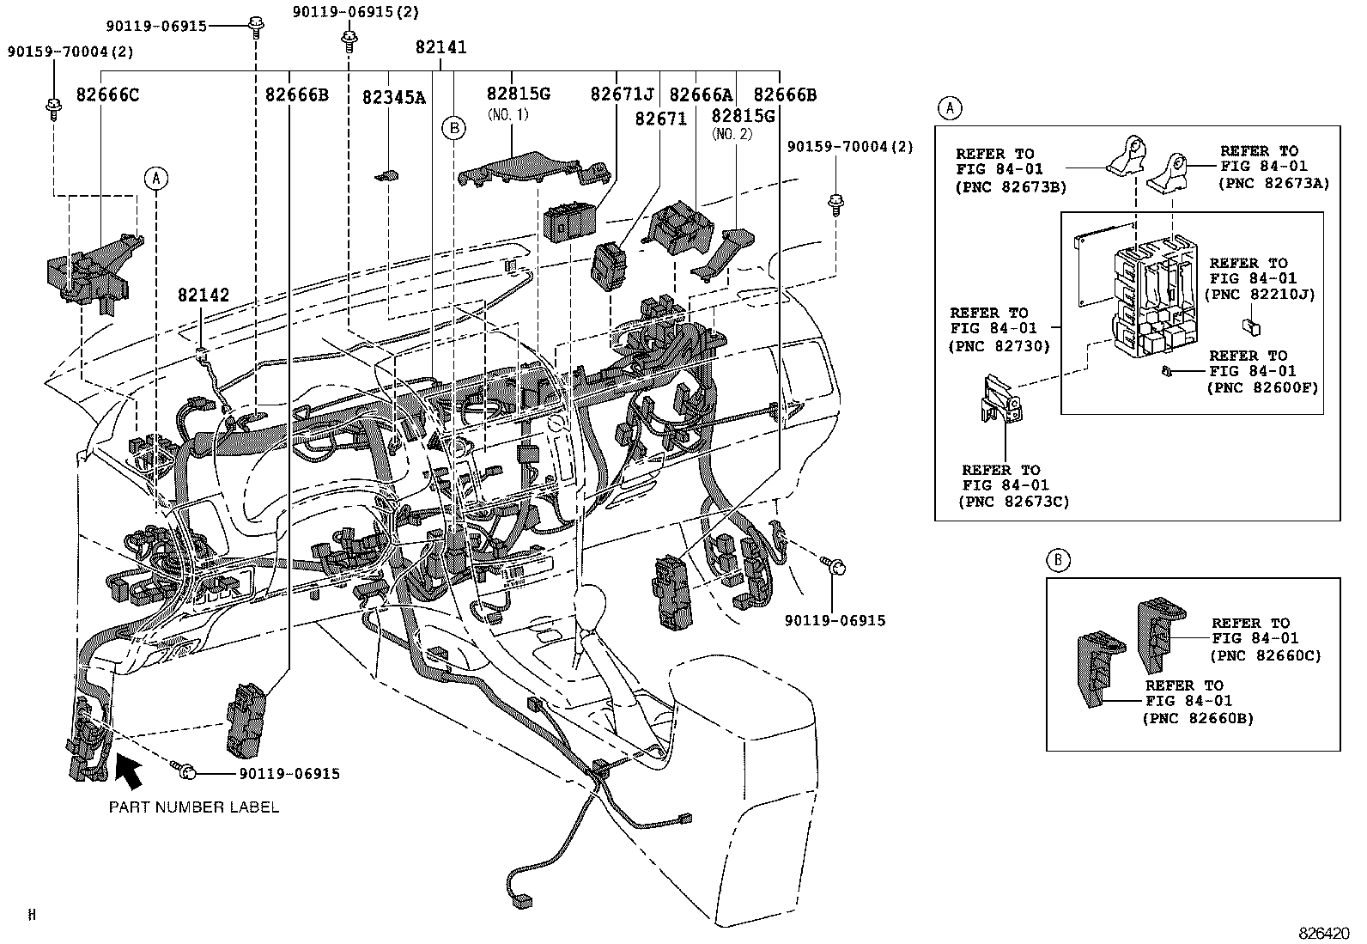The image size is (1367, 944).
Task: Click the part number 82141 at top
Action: (440, 47)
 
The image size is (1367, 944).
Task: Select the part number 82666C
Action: (107, 94)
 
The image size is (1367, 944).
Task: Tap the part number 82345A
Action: (393, 97)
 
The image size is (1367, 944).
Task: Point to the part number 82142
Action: (204, 295)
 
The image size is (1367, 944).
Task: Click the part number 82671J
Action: (622, 94)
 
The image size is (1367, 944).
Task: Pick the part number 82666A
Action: (701, 94)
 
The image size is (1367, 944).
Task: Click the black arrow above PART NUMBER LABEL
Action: (128, 770)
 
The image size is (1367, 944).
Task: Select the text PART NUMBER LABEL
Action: (193, 807)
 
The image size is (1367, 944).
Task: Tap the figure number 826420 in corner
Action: (1325, 933)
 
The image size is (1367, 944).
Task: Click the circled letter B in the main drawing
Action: (453, 128)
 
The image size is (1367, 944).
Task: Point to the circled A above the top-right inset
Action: (949, 108)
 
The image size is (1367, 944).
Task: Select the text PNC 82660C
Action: (1265, 655)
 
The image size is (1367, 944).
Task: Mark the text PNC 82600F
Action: (1261, 387)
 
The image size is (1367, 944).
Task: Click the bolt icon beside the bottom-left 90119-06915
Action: (186, 772)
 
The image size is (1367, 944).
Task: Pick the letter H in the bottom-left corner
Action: (32, 916)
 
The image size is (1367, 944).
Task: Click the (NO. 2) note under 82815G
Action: (731, 134)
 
